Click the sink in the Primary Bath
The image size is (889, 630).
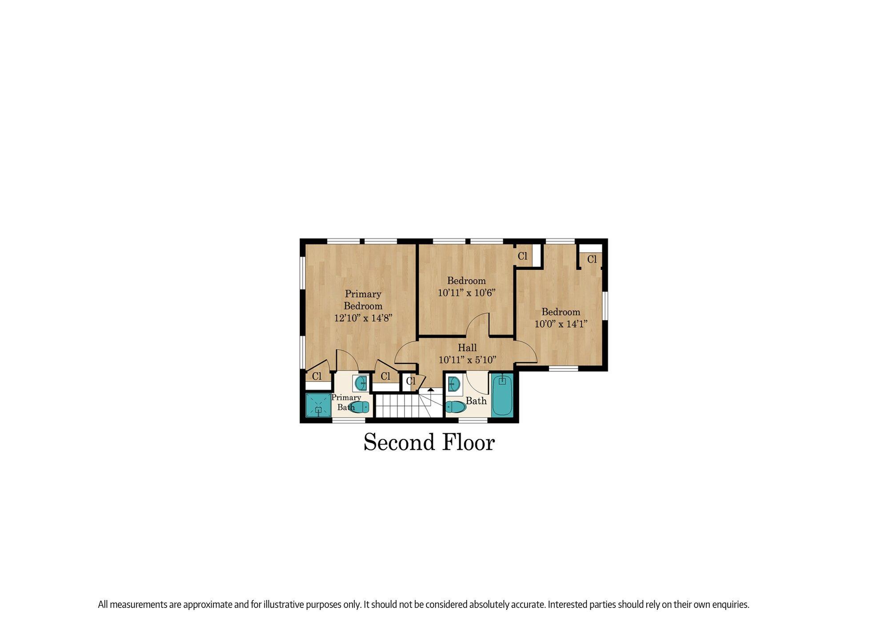[x=361, y=382]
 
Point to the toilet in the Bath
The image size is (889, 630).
[x=455, y=406]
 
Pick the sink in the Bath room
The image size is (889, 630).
[x=453, y=383]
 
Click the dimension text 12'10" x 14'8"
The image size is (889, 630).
[x=363, y=318]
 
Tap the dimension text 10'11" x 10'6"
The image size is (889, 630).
[x=466, y=293]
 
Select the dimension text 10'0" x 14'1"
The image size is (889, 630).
[x=561, y=324]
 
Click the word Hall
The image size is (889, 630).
[x=467, y=348]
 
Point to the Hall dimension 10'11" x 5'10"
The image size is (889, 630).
[x=467, y=360]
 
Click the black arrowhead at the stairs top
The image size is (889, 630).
[x=431, y=389]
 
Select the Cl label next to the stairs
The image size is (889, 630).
[x=411, y=381]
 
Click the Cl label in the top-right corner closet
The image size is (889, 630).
[x=592, y=260]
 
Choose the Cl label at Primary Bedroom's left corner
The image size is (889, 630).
[x=316, y=377]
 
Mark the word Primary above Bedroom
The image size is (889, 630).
[x=363, y=294]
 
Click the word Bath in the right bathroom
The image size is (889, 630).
[x=476, y=401]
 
